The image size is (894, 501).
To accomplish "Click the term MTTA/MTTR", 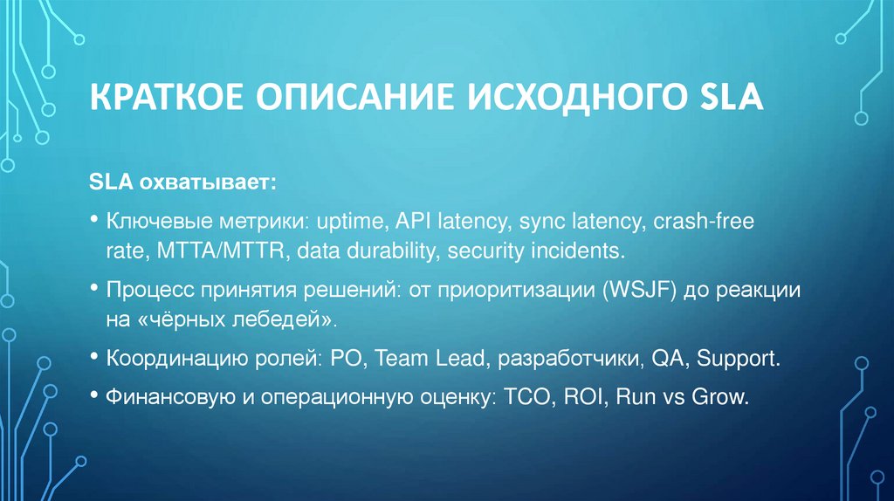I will click(x=223, y=250).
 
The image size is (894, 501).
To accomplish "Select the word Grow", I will click(x=720, y=397).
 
